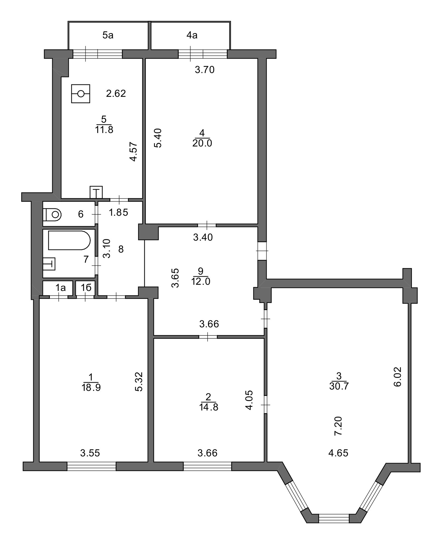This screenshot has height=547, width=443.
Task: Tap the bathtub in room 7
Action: point(69,240)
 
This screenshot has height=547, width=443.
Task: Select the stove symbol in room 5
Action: point(81,93)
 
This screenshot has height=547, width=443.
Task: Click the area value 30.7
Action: point(339,386)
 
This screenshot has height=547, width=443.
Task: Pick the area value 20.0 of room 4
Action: point(202,143)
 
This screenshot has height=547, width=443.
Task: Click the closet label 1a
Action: point(60,288)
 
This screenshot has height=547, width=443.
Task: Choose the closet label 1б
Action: point(86,288)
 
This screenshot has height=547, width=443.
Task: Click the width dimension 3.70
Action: point(205,70)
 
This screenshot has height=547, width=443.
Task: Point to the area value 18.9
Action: point(91,388)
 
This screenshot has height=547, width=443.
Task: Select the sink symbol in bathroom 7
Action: point(49,263)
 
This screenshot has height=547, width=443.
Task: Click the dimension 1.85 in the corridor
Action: point(119,212)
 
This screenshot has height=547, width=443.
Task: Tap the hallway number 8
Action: point(121,249)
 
